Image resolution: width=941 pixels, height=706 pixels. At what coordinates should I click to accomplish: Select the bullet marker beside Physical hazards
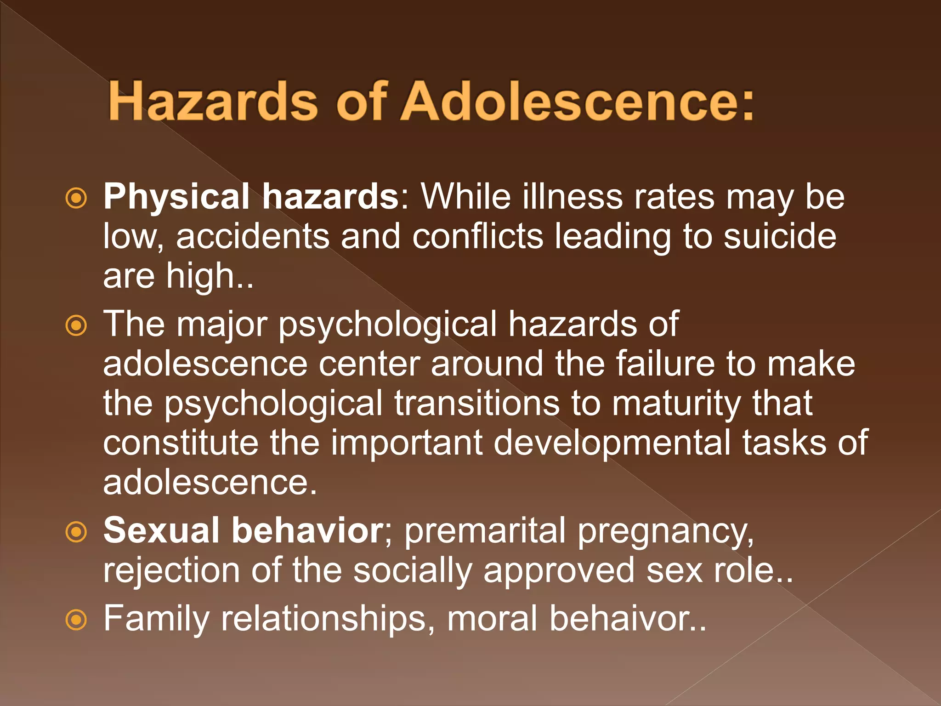coord(76,199)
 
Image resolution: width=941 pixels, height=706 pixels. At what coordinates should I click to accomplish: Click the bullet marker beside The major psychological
coord(76,326)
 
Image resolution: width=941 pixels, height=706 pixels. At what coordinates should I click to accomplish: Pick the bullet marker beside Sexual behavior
coord(76,532)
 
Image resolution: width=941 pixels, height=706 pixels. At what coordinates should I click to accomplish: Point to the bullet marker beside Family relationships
coord(76,620)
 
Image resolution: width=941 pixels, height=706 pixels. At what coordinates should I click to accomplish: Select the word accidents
coord(253,236)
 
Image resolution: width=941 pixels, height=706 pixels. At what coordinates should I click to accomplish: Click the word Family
coord(157,619)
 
